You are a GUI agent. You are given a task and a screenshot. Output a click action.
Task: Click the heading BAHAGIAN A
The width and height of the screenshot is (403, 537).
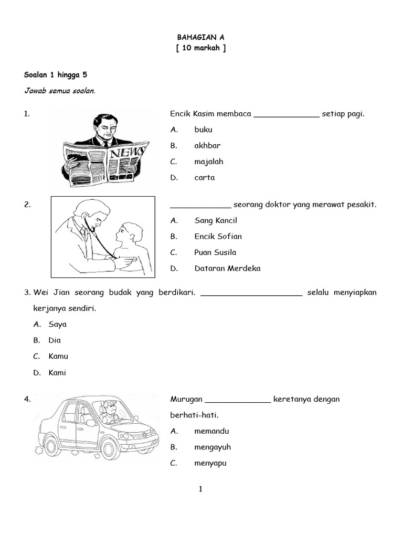pyautogui.click(x=201, y=38)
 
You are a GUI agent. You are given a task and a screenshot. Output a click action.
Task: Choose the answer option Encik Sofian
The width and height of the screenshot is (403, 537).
pyautogui.click(x=218, y=237)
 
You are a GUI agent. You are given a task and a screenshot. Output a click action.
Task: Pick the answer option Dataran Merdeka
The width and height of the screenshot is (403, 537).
pyautogui.click(x=227, y=268)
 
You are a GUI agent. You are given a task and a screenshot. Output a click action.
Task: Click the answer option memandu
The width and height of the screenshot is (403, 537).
pyautogui.click(x=211, y=431)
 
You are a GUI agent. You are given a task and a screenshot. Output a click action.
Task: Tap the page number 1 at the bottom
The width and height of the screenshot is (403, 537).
pyautogui.click(x=200, y=490)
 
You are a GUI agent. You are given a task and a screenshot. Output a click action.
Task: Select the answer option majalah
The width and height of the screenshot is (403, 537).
pyautogui.click(x=209, y=162)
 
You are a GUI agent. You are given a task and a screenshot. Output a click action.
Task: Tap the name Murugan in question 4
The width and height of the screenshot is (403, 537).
pyautogui.click(x=185, y=400)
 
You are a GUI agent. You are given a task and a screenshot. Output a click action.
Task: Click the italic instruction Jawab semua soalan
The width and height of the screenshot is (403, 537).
pyautogui.click(x=59, y=91)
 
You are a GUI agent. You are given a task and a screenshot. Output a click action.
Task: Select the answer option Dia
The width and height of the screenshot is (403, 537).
pyautogui.click(x=55, y=340)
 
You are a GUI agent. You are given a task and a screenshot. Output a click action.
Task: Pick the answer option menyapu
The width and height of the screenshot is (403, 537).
pyautogui.click(x=210, y=464)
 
